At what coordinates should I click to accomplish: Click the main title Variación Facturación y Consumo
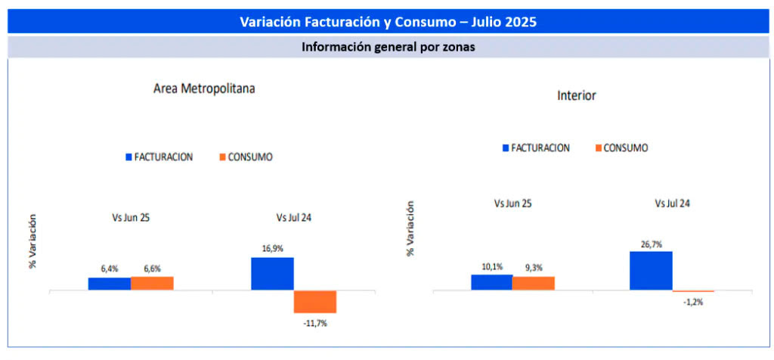(387, 21)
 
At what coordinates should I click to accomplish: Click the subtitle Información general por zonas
(387, 47)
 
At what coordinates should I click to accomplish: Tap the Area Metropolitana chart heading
(204, 88)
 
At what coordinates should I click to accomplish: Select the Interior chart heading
(577, 96)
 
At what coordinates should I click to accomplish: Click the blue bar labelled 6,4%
(109, 284)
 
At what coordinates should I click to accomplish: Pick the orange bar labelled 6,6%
(152, 283)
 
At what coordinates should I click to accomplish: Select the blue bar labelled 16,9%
(272, 274)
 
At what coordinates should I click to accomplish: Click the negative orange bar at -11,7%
(315, 302)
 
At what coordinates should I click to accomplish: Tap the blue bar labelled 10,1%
(491, 282)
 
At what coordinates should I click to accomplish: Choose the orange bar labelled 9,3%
(534, 283)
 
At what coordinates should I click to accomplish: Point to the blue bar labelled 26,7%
(651, 271)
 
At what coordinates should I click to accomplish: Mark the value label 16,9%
(272, 247)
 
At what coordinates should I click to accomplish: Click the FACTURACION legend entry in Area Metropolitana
(159, 157)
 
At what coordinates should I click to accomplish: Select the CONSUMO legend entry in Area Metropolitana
(246, 157)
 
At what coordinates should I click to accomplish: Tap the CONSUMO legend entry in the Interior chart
(622, 148)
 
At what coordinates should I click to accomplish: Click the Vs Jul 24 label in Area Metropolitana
(294, 218)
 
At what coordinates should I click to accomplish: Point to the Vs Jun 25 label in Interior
(512, 203)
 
